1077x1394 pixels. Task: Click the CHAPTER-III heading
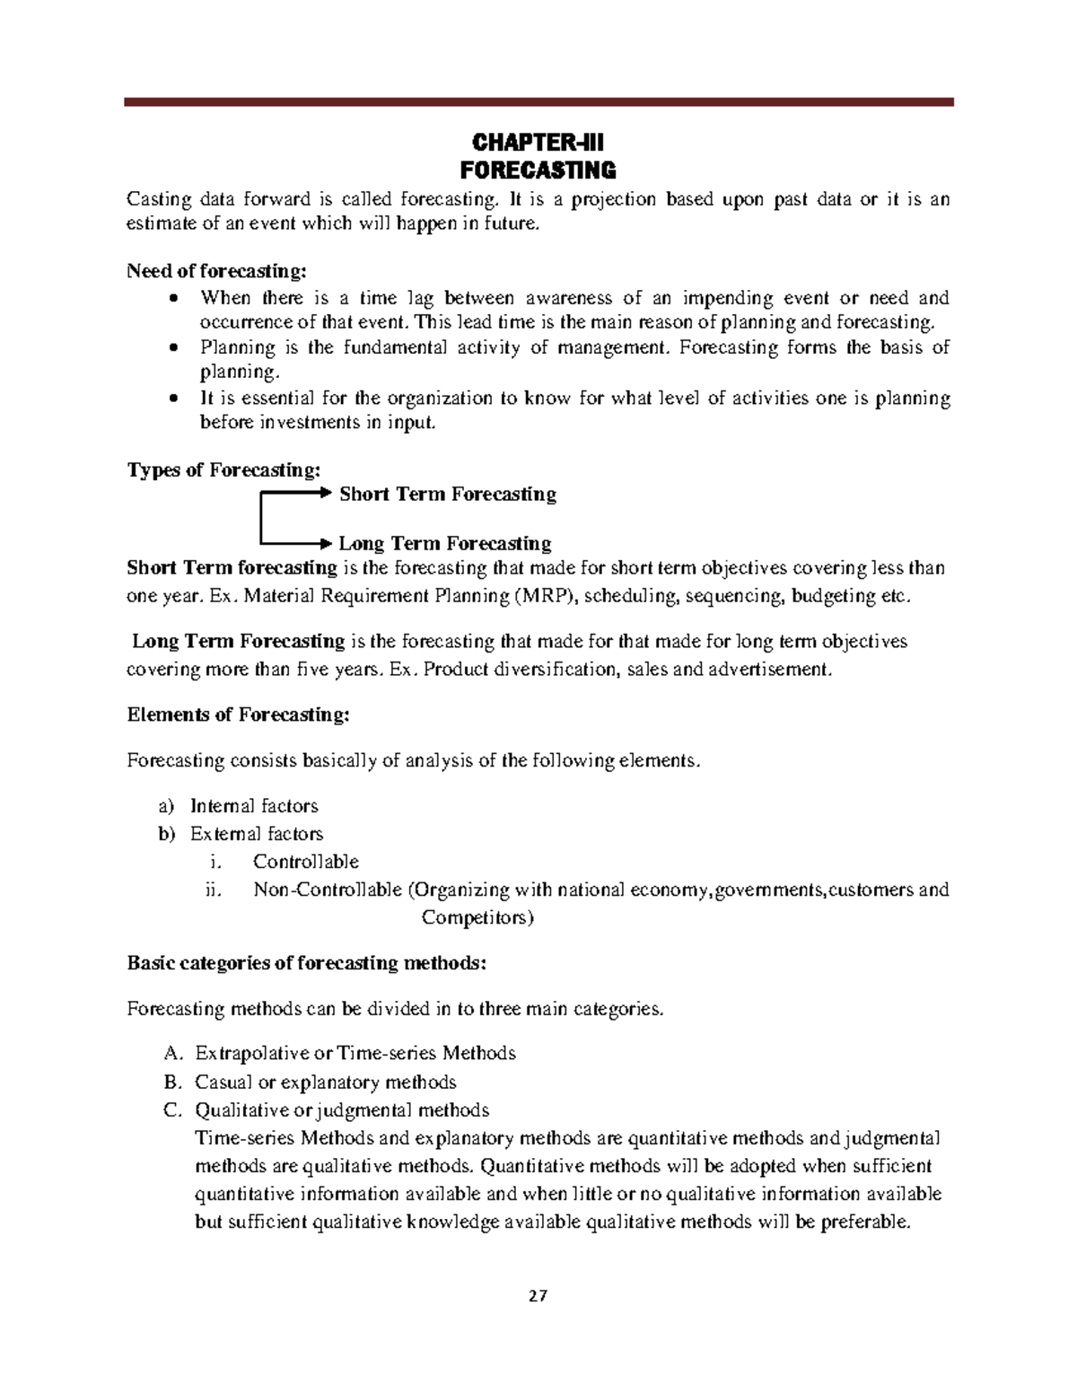(x=538, y=143)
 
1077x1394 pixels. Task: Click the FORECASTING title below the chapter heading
(x=538, y=171)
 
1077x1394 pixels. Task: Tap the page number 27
(x=538, y=1296)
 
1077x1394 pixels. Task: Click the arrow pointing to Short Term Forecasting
(x=296, y=493)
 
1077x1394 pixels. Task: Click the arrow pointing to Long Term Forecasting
(x=296, y=543)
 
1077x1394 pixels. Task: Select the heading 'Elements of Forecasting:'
(x=238, y=715)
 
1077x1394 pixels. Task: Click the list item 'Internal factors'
(x=254, y=806)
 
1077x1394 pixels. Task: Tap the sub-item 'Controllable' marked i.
(x=306, y=862)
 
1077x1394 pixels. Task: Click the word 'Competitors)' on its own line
(x=477, y=917)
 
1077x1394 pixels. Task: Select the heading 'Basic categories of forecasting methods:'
(x=307, y=963)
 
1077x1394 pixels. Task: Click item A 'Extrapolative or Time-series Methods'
(x=355, y=1053)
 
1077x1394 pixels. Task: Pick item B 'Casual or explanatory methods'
(x=326, y=1082)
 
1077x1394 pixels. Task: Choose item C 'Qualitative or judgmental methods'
(x=342, y=1110)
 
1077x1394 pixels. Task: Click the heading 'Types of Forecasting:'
(x=223, y=469)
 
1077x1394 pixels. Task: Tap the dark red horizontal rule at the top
(x=538, y=102)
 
